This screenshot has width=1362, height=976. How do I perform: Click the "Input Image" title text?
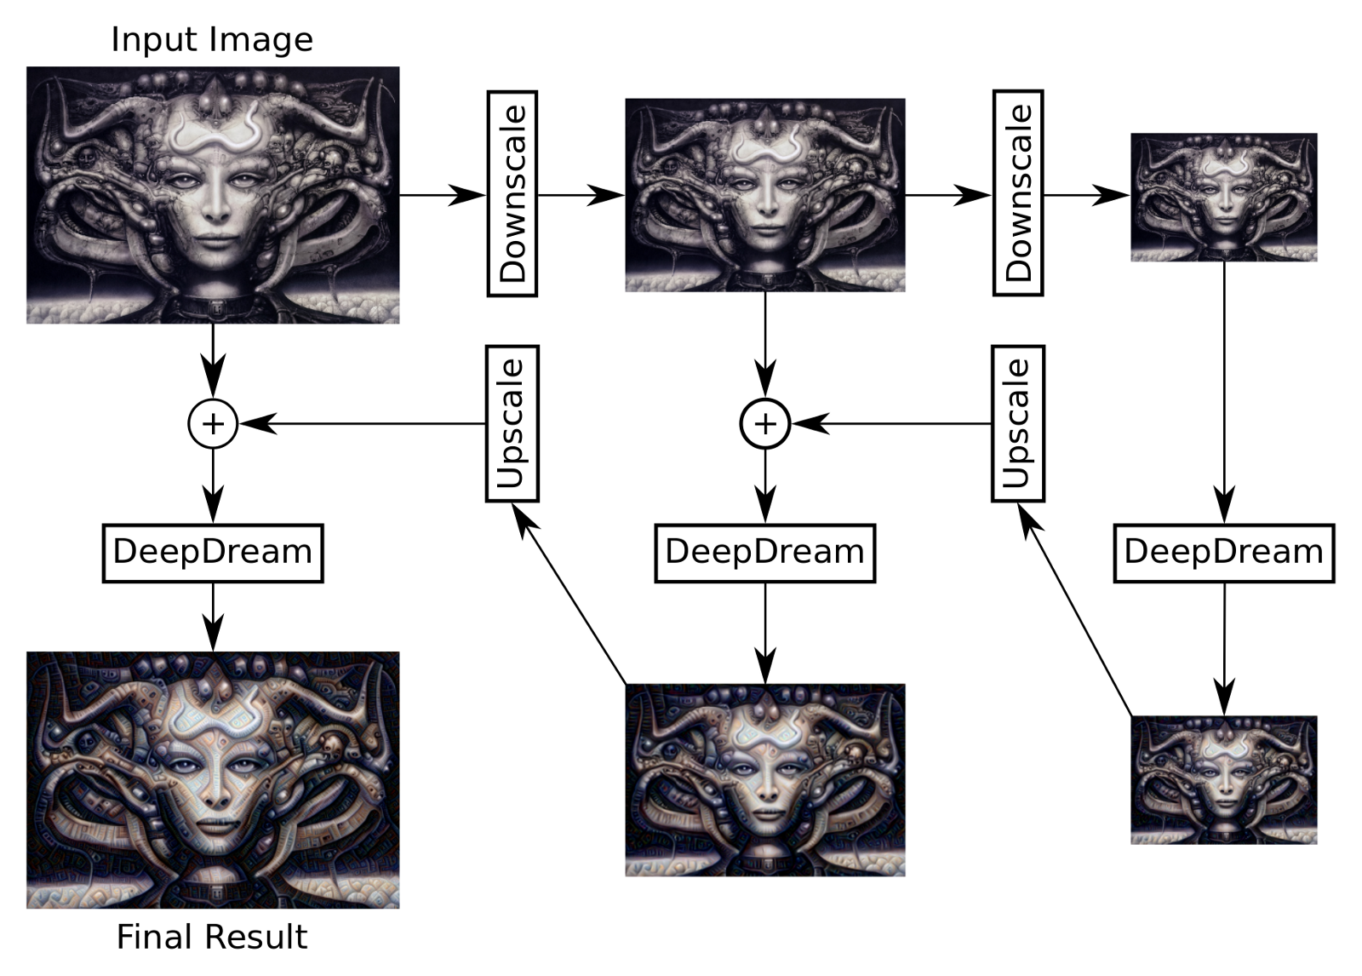click(212, 40)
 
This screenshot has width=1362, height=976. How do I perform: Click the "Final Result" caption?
click(211, 937)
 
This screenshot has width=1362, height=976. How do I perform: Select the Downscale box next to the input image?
click(512, 193)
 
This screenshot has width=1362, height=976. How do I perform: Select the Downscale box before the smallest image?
click(1018, 193)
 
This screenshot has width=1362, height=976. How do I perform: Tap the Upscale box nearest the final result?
click(512, 423)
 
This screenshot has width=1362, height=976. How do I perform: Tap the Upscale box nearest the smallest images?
click(1018, 423)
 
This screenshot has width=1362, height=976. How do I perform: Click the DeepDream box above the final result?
click(213, 553)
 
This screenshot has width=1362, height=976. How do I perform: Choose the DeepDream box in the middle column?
click(765, 553)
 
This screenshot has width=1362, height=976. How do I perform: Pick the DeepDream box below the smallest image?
click(1224, 553)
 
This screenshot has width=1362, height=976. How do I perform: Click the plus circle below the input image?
click(213, 423)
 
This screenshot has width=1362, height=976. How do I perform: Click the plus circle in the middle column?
click(765, 423)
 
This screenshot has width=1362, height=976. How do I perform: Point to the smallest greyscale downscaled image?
click(1224, 197)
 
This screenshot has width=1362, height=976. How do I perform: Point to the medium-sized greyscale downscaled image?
click(765, 195)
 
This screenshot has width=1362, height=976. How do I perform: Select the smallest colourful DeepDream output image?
click(1224, 780)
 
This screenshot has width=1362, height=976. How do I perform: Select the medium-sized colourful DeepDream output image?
click(765, 780)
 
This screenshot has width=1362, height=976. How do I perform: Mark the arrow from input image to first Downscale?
click(443, 195)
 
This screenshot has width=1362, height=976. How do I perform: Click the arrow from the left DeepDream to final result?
click(213, 617)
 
